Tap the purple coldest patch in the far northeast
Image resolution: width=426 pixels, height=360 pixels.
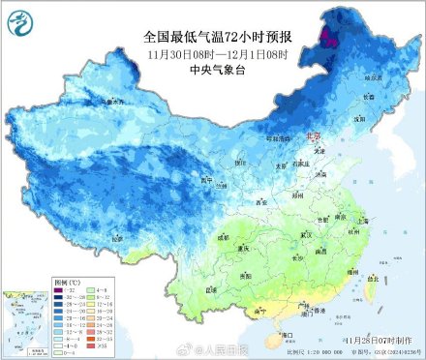tap(329, 39)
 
